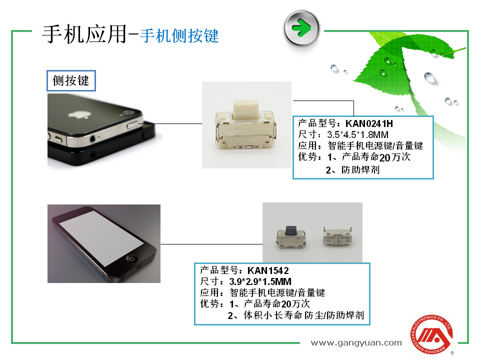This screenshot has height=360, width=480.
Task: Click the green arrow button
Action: [x=301, y=28]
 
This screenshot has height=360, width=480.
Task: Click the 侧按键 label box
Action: [x=71, y=81]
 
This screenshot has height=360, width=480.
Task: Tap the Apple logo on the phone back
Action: [x=79, y=115]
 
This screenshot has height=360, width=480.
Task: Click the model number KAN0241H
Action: [x=369, y=123]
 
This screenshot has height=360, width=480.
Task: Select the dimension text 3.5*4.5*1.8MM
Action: [x=357, y=134]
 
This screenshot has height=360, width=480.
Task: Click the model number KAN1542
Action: [x=268, y=270]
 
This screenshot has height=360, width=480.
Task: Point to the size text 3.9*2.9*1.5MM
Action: [x=260, y=281]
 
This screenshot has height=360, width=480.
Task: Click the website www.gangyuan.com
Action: [x=356, y=343]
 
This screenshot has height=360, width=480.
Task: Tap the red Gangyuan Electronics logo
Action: [x=431, y=335]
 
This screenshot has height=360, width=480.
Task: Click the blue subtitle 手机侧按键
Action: [x=179, y=36]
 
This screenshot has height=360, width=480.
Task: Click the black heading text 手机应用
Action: [x=84, y=34]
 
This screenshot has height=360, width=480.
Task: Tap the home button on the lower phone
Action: [x=132, y=258]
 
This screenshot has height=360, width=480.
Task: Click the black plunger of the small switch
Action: [x=291, y=230]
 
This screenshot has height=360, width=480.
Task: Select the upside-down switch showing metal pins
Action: [x=337, y=236]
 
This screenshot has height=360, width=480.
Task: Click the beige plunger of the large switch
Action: [x=246, y=111]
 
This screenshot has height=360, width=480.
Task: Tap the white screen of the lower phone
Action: [x=100, y=237]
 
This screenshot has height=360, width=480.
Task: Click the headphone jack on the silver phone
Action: [x=92, y=139]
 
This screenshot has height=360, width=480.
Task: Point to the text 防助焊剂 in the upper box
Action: [x=360, y=170]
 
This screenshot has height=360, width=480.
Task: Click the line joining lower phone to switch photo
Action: [x=211, y=244]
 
